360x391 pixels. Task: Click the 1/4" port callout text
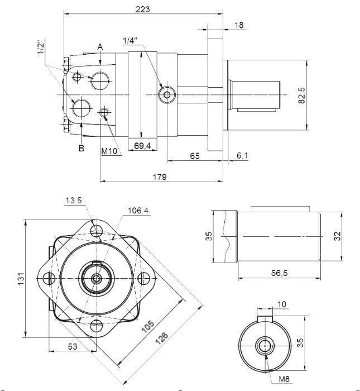pyautogui.click(x=130, y=40)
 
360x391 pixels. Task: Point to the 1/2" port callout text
pyautogui.click(x=41, y=47)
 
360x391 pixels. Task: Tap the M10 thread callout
pyautogui.click(x=109, y=151)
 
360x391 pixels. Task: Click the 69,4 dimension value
pyautogui.click(x=143, y=146)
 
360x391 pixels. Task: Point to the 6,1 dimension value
pyautogui.click(x=242, y=156)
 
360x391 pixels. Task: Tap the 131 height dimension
pyautogui.click(x=21, y=278)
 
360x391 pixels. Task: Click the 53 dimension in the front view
pyautogui.click(x=73, y=347)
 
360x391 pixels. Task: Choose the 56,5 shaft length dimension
pyautogui.click(x=280, y=274)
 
